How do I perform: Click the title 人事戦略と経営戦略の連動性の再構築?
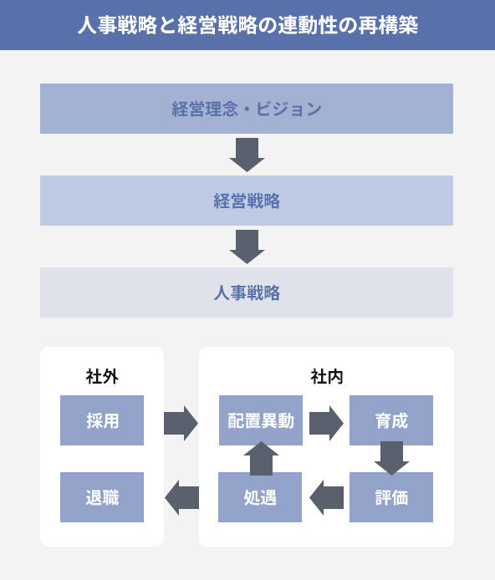pos(247,25)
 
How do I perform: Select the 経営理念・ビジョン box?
pos(247,109)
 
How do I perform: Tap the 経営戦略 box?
pos(247,201)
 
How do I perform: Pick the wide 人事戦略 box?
pos(247,293)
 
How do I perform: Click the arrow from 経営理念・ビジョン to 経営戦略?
pos(247,155)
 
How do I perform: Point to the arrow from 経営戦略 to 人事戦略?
pos(247,247)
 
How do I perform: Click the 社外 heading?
pos(102,376)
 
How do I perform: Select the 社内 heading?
pos(326,376)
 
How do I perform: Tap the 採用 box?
pos(102,420)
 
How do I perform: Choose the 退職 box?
pos(102,497)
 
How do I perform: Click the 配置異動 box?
pos(261,420)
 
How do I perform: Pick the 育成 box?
pos(390,420)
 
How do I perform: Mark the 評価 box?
pos(390,497)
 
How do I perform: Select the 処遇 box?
pos(261,497)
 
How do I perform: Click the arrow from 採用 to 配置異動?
pos(181,422)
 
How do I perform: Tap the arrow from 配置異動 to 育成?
pos(326,422)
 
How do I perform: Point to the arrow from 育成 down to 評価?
pos(390,458)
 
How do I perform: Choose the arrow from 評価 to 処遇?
pos(326,498)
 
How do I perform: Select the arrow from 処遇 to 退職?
pos(181,498)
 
